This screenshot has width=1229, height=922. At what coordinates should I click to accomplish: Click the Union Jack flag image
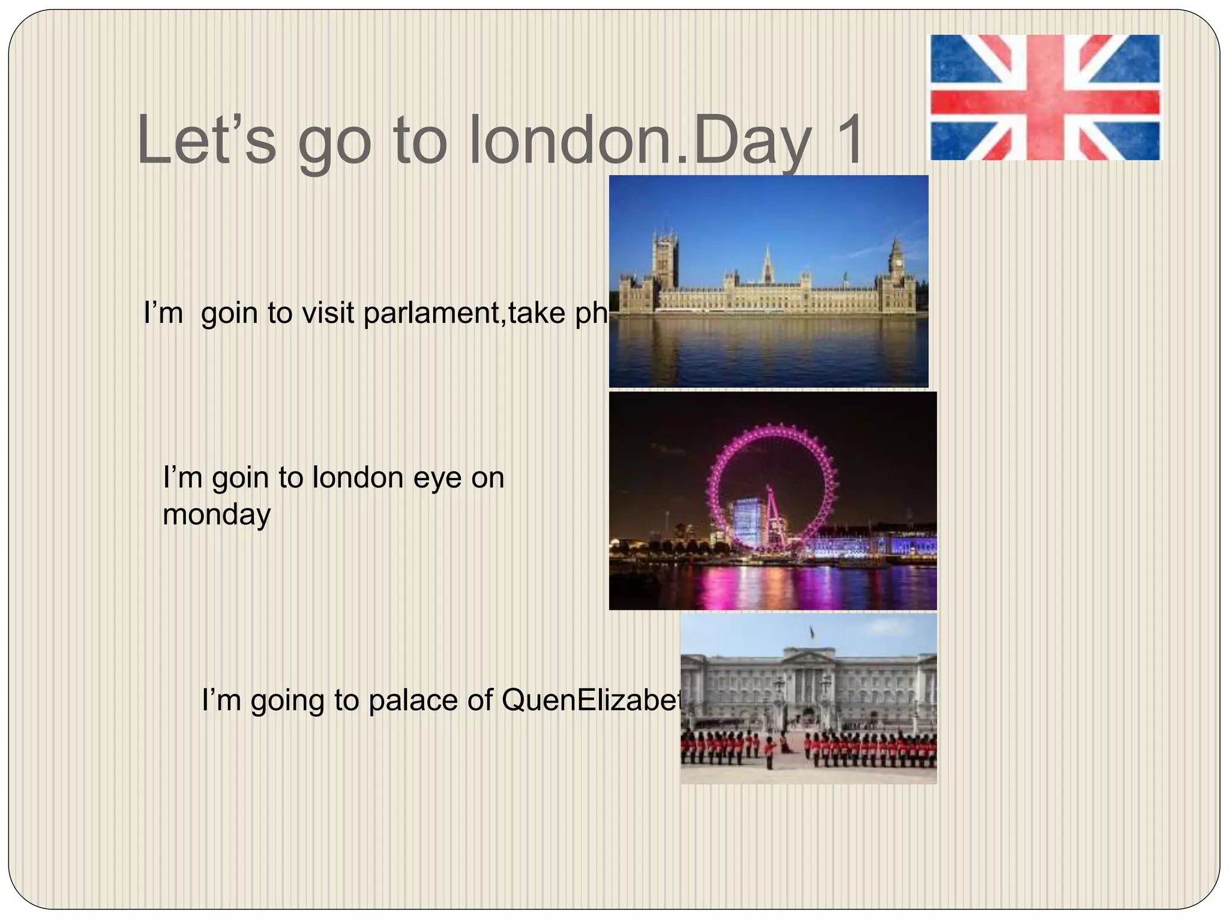(x=1045, y=97)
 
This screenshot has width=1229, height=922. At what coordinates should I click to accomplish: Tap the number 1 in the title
(x=846, y=141)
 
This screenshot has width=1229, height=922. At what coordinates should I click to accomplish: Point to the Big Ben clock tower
(x=896, y=264)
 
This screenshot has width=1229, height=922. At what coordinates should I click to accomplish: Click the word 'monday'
(x=217, y=515)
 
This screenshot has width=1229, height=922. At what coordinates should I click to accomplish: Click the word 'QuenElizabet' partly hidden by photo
(x=592, y=700)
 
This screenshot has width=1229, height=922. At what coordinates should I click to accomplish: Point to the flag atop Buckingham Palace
(x=812, y=631)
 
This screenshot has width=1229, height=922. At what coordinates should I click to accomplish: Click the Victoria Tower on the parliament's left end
(x=666, y=261)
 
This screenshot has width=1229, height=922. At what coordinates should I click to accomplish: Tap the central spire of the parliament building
(x=767, y=264)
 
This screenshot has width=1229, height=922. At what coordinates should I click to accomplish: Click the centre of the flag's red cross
(x=1045, y=97)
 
